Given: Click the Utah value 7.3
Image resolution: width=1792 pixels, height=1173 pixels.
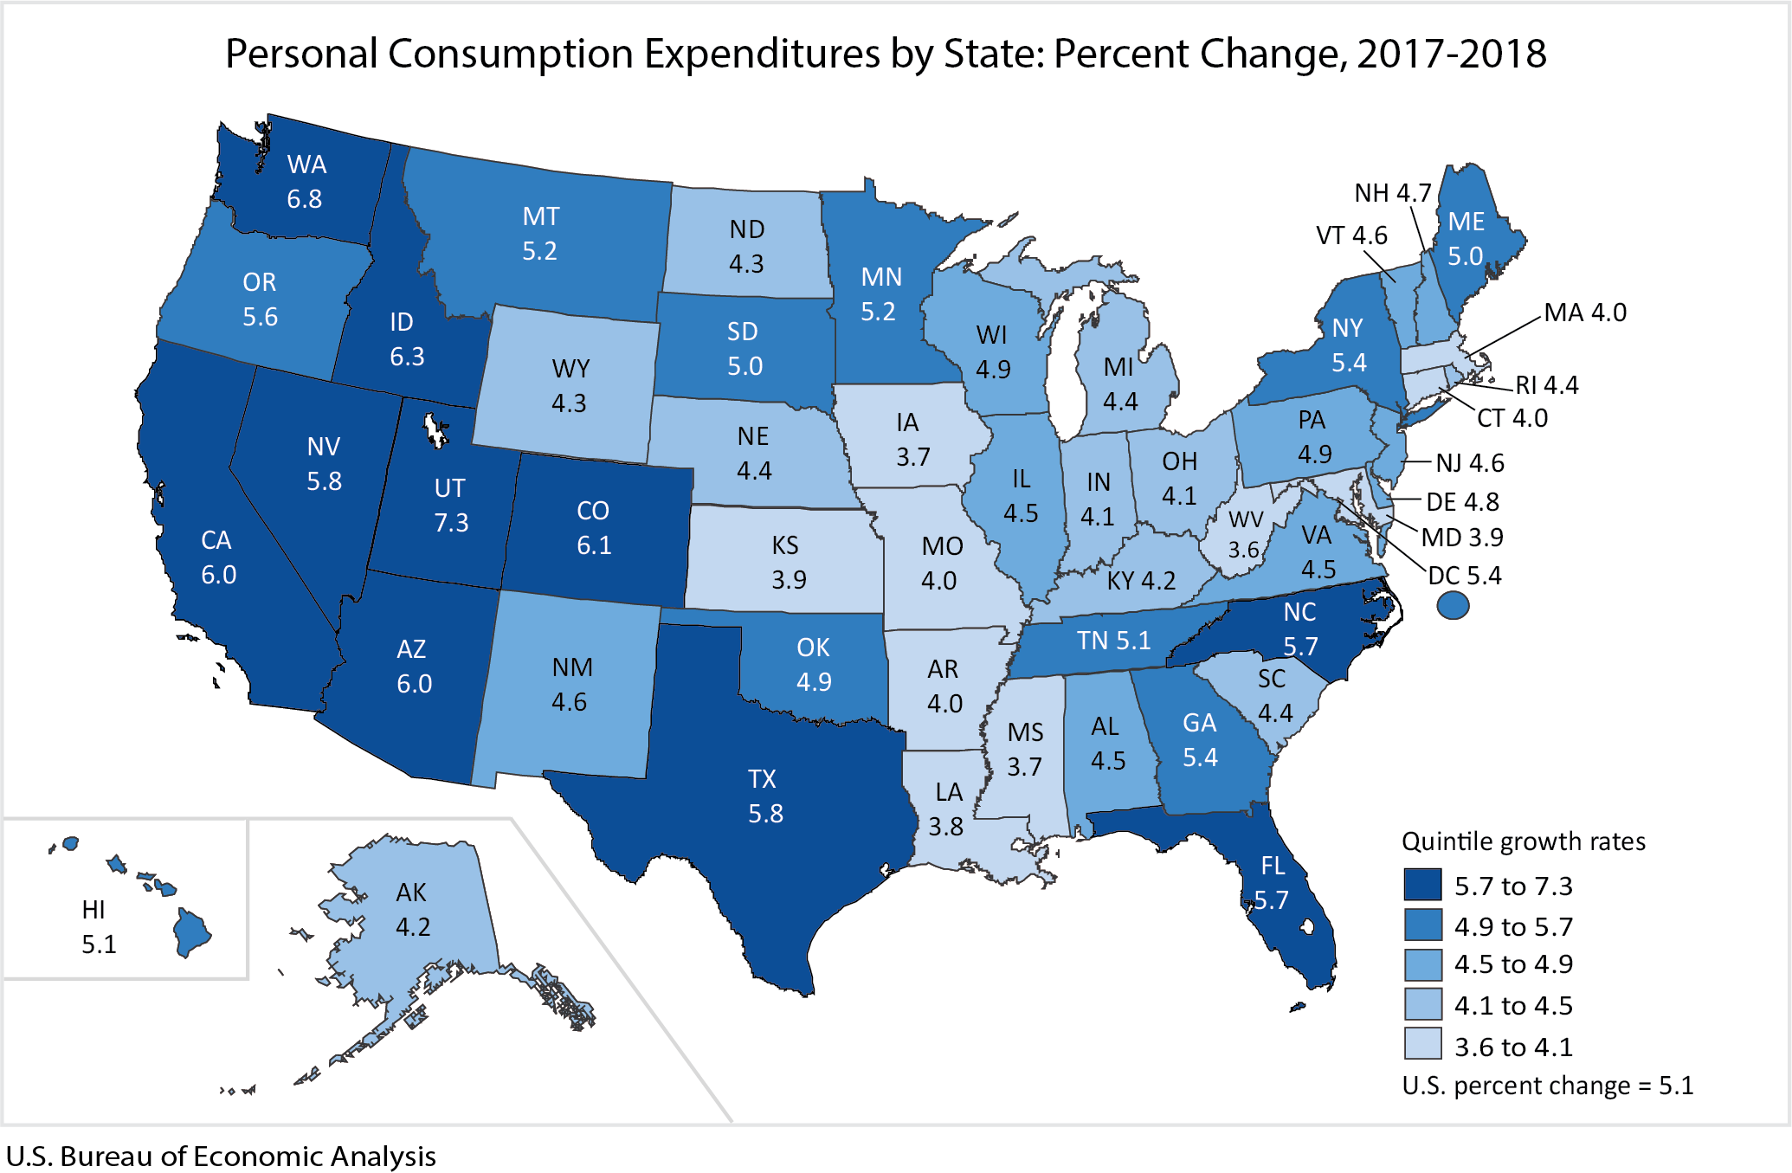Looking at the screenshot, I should (451, 523).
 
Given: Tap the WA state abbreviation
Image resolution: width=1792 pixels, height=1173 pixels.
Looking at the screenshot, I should (306, 164).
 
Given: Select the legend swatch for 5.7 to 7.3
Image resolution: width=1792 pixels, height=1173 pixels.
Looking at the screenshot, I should (1422, 886).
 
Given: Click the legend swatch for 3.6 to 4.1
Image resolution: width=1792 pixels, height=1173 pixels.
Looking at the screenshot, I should (1422, 1044).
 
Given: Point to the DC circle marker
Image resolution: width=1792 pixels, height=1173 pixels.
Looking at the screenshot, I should (1453, 605).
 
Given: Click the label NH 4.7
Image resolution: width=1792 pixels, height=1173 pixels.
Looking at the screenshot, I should (1392, 193).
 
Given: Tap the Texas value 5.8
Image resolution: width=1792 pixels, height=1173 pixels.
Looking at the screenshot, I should (765, 814).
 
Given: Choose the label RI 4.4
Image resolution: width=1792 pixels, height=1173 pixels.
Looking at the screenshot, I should (1546, 385).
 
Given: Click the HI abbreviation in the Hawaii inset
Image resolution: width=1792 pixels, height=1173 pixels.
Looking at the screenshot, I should (93, 910).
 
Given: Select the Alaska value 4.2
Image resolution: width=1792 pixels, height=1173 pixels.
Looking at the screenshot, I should (412, 927).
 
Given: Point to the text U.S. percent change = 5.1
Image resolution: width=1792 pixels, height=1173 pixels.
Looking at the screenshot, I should (1547, 1086).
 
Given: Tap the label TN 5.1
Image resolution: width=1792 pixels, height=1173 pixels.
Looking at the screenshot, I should (1113, 641).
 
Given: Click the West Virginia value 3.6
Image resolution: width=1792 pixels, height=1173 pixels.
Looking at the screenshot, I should (1244, 550).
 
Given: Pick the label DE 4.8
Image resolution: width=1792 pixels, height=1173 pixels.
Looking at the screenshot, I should (1462, 502).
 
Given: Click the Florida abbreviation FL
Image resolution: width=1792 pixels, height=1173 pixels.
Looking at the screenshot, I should (1273, 866).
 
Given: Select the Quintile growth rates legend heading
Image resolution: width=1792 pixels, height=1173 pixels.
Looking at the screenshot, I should (1523, 841).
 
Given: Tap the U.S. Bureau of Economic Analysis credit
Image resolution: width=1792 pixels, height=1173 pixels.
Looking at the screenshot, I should (221, 1157).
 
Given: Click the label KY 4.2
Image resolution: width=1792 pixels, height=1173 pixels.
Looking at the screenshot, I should (1141, 580).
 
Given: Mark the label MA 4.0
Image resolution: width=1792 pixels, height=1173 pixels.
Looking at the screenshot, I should (1585, 313).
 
